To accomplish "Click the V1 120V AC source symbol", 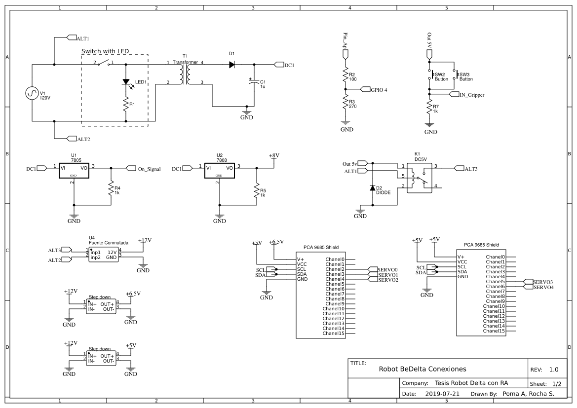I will pyautogui.click(x=32, y=93).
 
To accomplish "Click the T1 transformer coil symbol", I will pyautogui.click(x=185, y=75).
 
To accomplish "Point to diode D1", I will pyautogui.click(x=231, y=64).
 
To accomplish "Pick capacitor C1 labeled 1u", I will pyautogui.click(x=254, y=82).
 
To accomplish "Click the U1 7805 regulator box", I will pyautogui.click(x=74, y=169).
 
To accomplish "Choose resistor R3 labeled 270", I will pyautogui.click(x=346, y=103).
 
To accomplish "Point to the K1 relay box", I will pyautogui.click(x=419, y=177).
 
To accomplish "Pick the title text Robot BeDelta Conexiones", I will pyautogui.click(x=422, y=369).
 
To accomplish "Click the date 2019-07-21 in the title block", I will pyautogui.click(x=442, y=394).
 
